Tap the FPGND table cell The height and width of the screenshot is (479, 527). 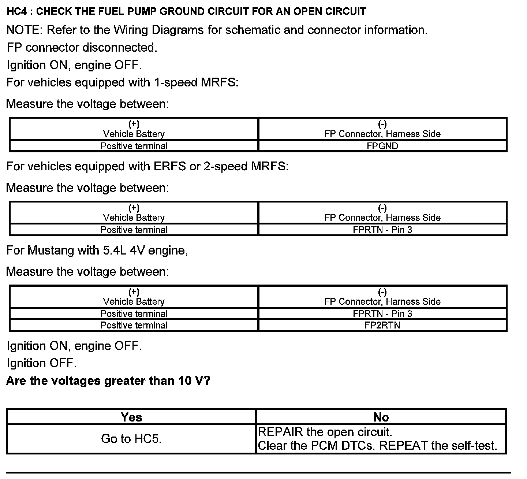[382, 146]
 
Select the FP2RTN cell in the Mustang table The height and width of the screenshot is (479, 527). [382, 325]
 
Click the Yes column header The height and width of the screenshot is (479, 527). [131, 417]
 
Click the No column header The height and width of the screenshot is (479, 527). [381, 417]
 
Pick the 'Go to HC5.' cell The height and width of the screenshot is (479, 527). [131, 439]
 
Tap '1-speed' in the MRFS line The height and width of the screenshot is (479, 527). [176, 82]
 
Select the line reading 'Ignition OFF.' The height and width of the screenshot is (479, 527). [42, 363]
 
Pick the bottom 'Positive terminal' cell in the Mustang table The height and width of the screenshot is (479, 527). [134, 325]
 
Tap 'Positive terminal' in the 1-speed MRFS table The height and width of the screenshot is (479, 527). [134, 146]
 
